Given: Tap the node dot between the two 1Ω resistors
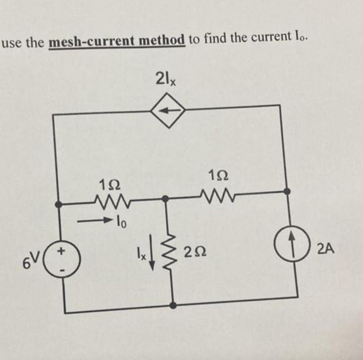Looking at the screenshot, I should [x=165, y=199].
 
